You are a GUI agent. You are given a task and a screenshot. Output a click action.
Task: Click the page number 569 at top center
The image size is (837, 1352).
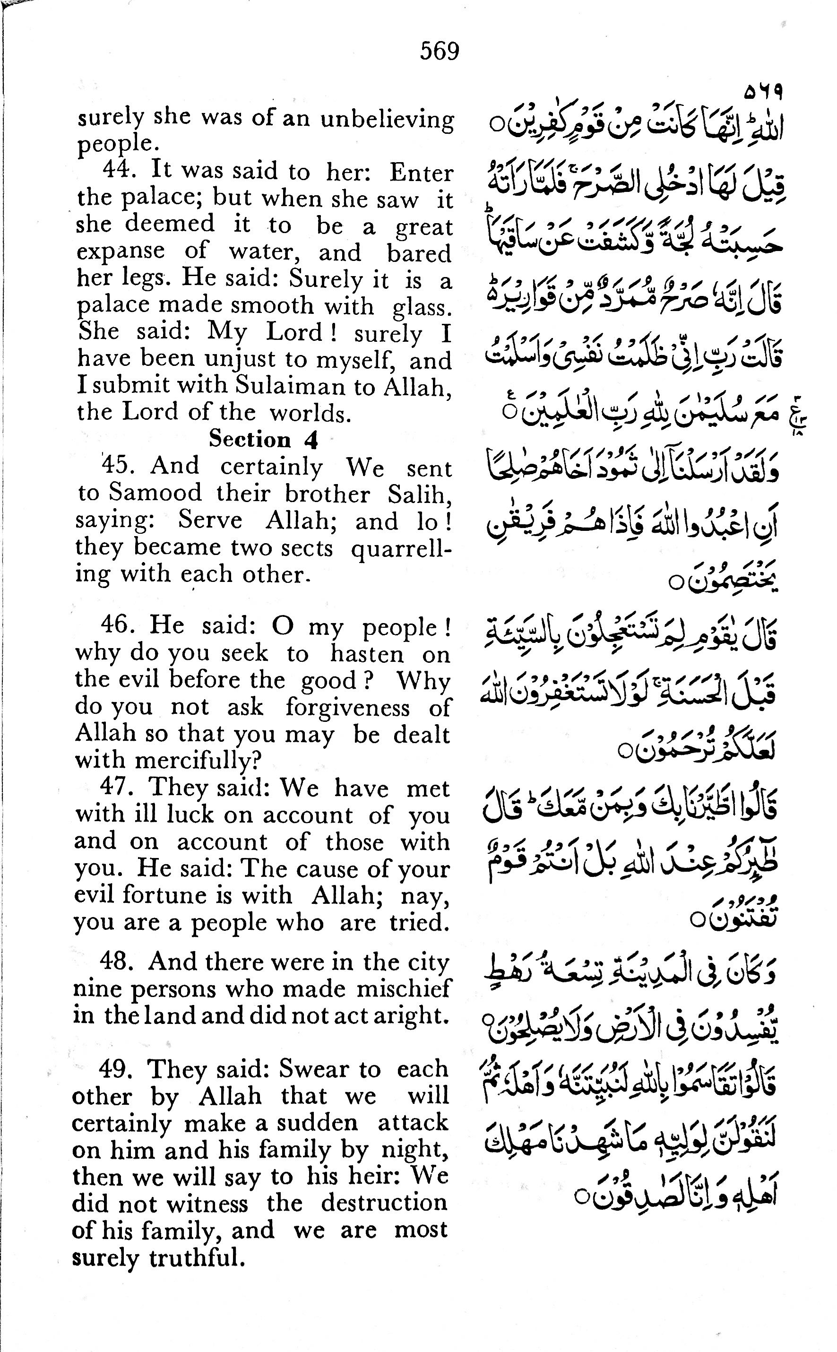(439, 52)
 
